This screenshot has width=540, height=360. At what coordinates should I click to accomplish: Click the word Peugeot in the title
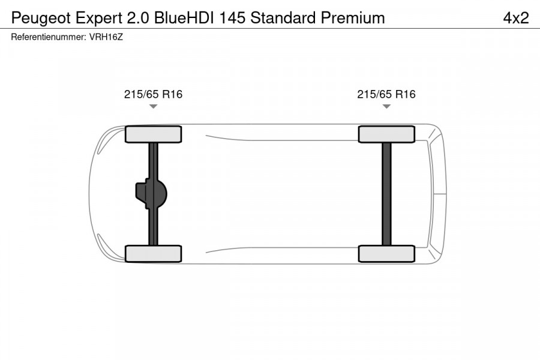(x=38, y=17)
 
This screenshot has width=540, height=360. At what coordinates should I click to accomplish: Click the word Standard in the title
(x=283, y=17)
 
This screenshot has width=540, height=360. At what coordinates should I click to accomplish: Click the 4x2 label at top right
(x=515, y=17)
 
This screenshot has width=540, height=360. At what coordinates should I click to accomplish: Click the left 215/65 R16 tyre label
(x=153, y=94)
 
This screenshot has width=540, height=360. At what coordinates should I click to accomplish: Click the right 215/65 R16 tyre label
(x=386, y=94)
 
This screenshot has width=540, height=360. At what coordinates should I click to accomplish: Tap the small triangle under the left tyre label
(x=153, y=107)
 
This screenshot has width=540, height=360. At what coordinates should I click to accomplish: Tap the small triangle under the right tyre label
(x=386, y=107)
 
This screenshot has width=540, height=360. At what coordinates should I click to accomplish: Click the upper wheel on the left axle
(x=153, y=134)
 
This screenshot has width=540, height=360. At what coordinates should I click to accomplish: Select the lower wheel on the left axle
(x=153, y=253)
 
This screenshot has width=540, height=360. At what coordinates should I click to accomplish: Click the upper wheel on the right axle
(x=386, y=134)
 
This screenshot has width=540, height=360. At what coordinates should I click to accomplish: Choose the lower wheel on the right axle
(x=386, y=253)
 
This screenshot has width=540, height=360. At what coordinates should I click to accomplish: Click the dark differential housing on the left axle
(x=150, y=194)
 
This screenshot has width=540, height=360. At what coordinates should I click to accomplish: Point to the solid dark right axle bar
(x=386, y=193)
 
